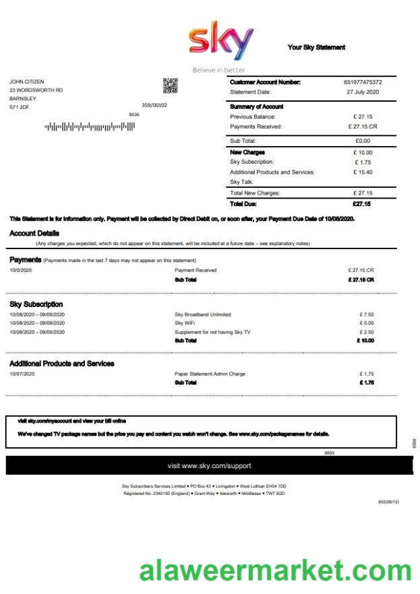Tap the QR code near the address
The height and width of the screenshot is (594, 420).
tap(171, 86)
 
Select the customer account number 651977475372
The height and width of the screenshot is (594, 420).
tap(363, 82)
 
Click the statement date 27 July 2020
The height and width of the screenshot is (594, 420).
tap(363, 92)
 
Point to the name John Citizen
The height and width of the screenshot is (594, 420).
tap(27, 81)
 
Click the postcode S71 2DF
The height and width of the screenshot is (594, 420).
tap(19, 107)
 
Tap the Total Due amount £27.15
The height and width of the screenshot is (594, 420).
tap(362, 203)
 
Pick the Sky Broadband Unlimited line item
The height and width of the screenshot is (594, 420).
tap(202, 315)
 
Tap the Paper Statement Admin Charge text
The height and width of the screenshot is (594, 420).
tap(210, 374)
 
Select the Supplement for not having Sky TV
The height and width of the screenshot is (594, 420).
tap(212, 332)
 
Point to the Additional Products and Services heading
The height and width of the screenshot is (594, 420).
tap(62, 364)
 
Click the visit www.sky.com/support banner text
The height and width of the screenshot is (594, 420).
tap(210, 466)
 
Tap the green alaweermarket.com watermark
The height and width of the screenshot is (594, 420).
tap(275, 571)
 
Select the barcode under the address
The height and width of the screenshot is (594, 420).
tap(90, 126)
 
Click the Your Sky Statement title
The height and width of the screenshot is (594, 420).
tap(316, 47)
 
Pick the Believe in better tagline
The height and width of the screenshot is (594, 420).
tap(218, 70)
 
